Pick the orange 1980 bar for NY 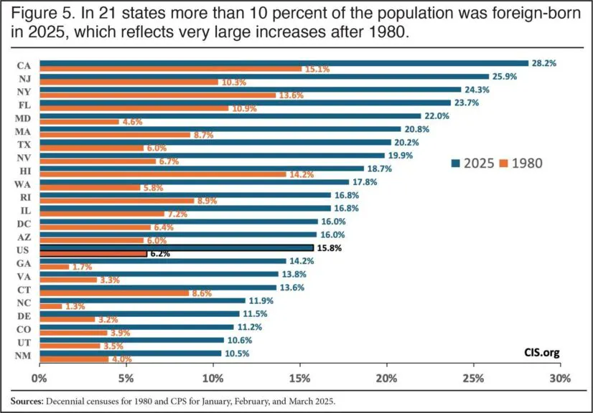(157, 95)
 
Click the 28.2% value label (544, 63)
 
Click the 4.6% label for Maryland (131, 122)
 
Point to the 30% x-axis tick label (559, 378)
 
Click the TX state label (23, 144)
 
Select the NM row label (23, 356)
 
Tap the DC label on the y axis (23, 223)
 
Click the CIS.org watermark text (541, 353)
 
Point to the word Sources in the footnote (29, 401)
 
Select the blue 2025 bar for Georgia (163, 262)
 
